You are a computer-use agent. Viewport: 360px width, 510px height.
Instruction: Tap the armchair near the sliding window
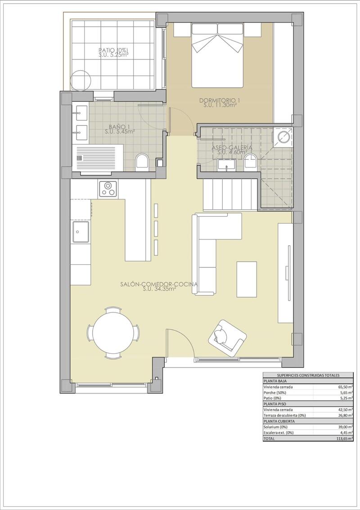[227, 338]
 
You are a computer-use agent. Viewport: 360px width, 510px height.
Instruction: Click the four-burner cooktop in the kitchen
[108, 188]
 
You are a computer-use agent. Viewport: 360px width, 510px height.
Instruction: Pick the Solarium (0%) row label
[275, 426]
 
